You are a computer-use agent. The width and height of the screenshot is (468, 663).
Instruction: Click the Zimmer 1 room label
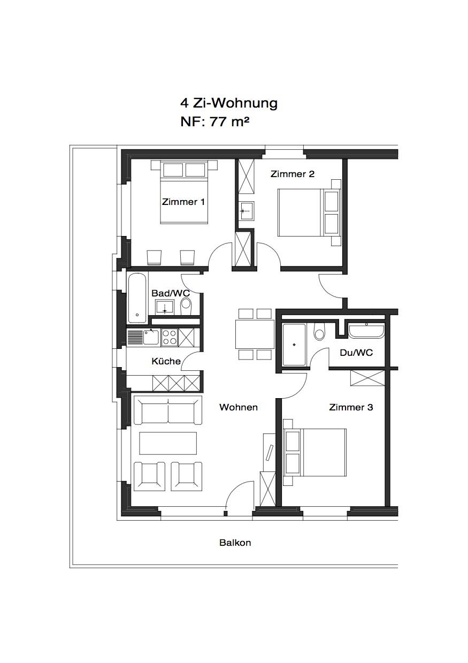click(183, 202)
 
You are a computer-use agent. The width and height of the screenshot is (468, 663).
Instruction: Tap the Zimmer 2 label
click(292, 174)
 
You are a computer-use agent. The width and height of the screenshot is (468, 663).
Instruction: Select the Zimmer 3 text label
click(351, 407)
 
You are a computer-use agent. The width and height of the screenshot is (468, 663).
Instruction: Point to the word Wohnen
click(239, 407)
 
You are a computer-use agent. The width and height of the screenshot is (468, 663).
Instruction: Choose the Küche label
click(166, 361)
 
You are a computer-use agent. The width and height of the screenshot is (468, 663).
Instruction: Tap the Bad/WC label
click(171, 293)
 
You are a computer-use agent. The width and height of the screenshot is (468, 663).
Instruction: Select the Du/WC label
click(356, 353)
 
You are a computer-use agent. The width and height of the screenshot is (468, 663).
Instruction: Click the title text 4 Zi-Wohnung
click(229, 103)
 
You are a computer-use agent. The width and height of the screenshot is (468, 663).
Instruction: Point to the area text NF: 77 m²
click(215, 121)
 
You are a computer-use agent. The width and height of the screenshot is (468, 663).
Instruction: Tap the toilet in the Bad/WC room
click(186, 306)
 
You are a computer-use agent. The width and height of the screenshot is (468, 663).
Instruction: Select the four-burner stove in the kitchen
click(170, 338)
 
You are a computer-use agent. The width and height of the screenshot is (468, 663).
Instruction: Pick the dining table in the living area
click(255, 334)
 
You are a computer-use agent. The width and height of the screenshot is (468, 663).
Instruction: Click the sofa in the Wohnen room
click(168, 410)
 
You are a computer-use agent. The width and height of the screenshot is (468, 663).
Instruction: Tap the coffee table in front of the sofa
click(168, 443)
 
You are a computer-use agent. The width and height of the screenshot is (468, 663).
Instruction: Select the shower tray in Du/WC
click(294, 345)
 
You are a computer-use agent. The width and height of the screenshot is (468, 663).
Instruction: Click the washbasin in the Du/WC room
click(366, 331)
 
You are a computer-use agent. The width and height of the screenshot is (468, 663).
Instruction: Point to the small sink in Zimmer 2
click(246, 211)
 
